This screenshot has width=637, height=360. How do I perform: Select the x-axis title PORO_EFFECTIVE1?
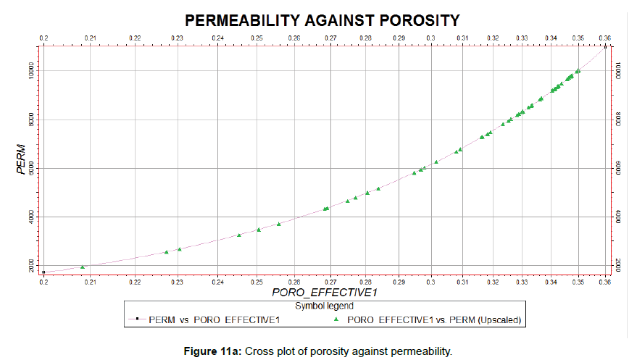point(315,294)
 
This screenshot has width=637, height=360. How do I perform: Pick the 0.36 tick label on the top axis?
point(605,37)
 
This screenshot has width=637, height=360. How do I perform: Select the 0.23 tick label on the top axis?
point(177,37)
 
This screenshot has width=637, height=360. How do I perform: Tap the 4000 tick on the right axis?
point(617,217)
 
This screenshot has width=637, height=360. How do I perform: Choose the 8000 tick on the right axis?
point(617,119)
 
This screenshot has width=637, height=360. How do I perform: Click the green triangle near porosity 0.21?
point(82,267)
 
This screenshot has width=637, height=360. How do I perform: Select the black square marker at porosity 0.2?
point(43,272)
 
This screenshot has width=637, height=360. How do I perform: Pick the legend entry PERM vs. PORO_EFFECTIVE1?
point(214,319)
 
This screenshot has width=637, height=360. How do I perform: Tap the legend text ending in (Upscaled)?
point(435,319)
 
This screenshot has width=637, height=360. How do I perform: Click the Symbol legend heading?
point(319,306)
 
